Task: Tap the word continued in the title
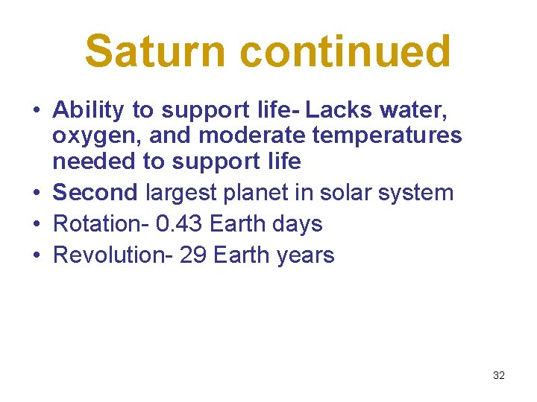(x=345, y=52)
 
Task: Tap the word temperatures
(x=392, y=135)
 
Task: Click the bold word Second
(x=95, y=192)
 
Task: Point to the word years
(x=305, y=256)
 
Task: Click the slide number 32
(x=499, y=375)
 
